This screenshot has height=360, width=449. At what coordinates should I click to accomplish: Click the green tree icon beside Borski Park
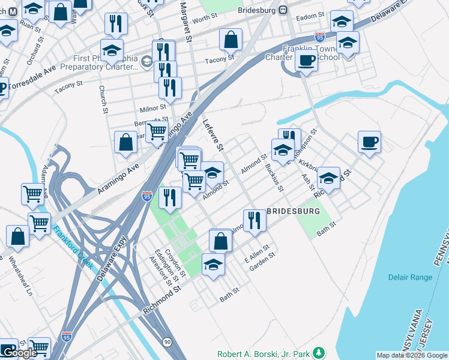point(321,352)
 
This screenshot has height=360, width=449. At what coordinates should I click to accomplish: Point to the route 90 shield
point(166,341)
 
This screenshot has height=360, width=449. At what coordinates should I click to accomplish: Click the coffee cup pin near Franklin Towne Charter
point(306,60)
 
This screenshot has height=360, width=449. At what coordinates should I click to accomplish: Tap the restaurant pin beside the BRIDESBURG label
point(255,220)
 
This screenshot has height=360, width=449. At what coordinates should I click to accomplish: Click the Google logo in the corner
point(20,353)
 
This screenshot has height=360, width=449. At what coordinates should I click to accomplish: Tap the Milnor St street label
point(152,108)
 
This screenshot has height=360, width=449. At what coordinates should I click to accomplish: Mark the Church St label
point(103,100)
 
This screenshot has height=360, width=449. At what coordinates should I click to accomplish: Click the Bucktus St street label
point(274,175)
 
